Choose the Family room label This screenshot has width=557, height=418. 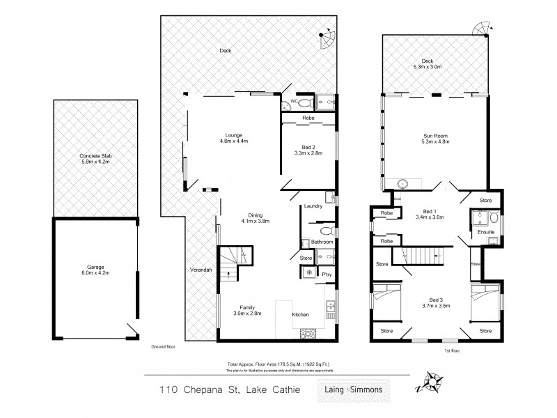(248, 310)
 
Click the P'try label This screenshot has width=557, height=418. (326, 274)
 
